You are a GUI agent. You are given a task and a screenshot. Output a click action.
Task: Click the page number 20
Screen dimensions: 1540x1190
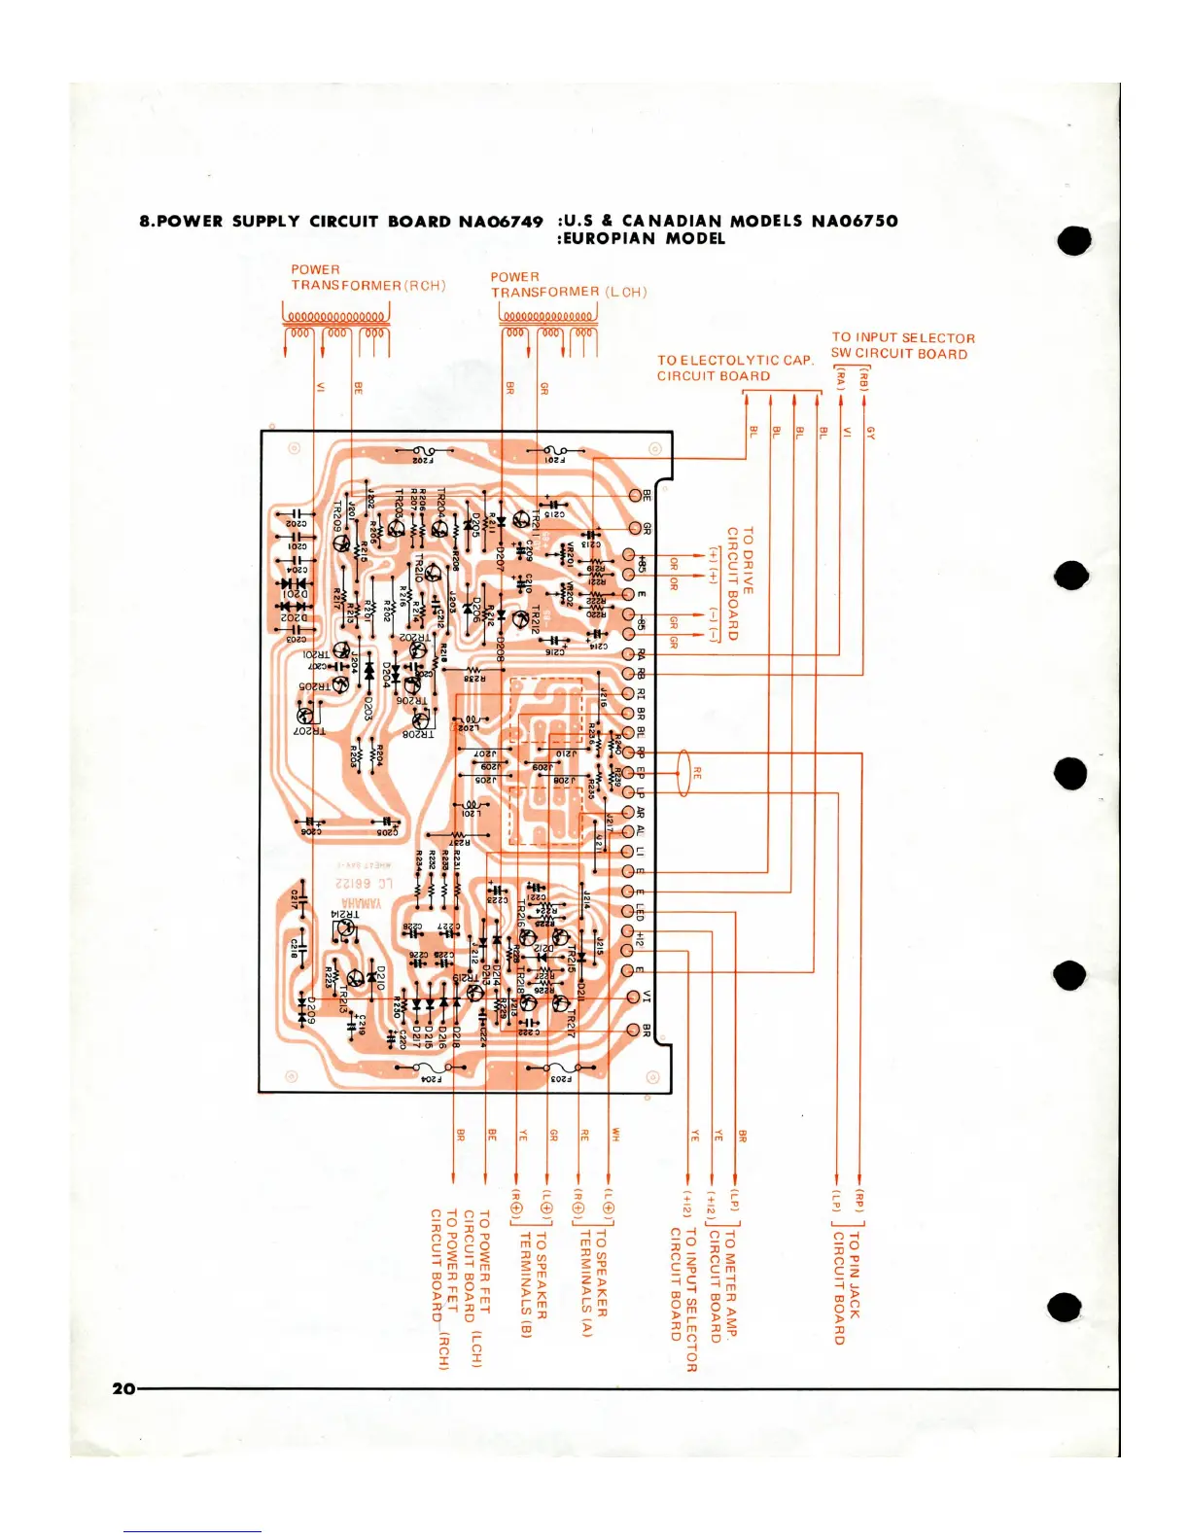tap(123, 1388)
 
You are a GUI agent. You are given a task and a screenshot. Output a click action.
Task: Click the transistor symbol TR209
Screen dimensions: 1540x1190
tap(341, 542)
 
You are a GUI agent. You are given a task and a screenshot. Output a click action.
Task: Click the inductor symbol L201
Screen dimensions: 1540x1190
tap(473, 805)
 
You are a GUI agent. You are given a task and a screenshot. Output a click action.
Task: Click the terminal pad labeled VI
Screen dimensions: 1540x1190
tap(633, 996)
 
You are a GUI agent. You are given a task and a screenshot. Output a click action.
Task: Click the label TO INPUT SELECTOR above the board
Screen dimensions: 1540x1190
tap(903, 337)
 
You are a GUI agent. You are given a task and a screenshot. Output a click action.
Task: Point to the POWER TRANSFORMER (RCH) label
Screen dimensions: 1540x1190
tap(367, 277)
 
